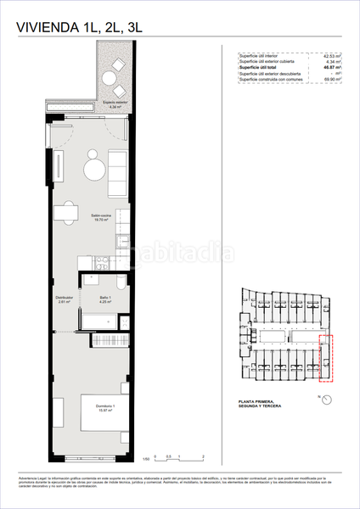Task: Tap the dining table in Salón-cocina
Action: [62, 212]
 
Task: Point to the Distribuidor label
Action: [64, 299]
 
